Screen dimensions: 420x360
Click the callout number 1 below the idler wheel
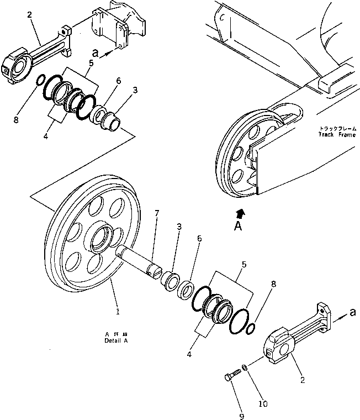click(x=117, y=312)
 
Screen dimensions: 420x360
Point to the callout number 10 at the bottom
click(x=263, y=404)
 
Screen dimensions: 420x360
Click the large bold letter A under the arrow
click(x=237, y=226)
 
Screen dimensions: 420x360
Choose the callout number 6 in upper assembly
click(x=118, y=81)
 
